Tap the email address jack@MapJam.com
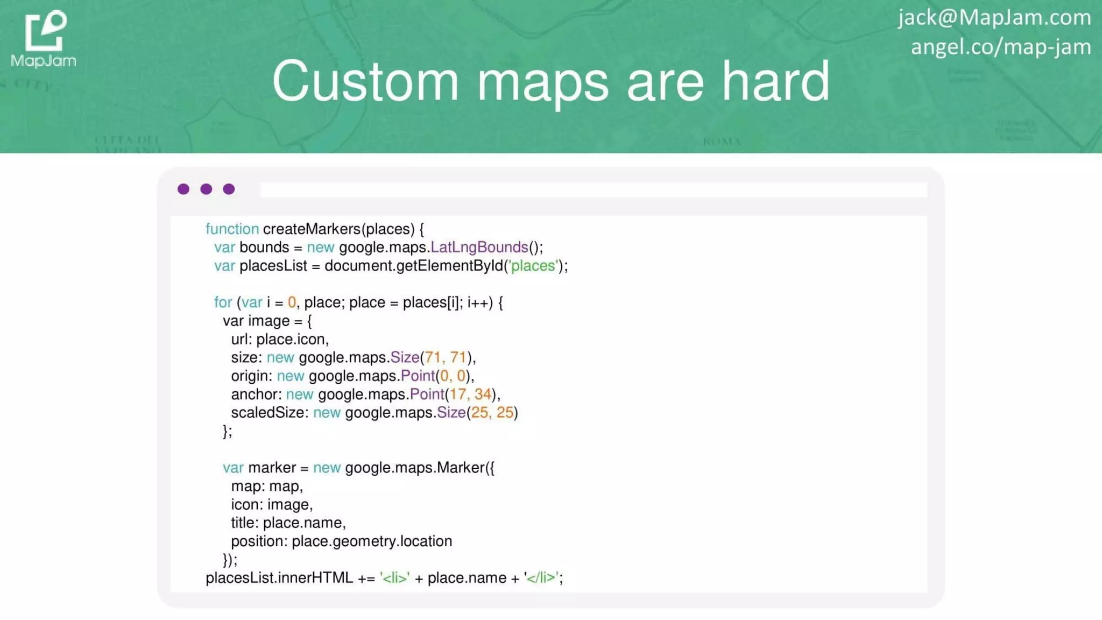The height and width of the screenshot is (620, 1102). point(994,17)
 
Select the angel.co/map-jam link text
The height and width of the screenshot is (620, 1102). point(1001,47)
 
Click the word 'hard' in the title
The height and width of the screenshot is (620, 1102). point(776,81)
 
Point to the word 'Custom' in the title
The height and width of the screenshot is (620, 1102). point(365,81)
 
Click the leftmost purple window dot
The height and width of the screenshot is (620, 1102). point(183,189)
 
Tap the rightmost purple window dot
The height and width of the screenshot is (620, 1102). point(229,189)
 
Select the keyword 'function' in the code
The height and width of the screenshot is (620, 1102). point(232,229)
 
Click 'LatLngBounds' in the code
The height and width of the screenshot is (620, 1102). point(479,248)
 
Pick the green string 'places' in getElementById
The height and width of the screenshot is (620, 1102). point(533,266)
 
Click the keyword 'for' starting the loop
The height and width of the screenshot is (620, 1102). point(223,302)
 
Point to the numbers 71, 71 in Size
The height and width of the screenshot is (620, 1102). point(446,357)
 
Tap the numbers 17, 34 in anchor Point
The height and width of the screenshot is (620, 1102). point(471,394)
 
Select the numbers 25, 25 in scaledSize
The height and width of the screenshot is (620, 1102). point(492,413)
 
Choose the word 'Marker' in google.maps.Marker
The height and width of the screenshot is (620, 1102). point(461,468)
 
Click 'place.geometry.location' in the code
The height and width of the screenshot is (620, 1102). point(372,541)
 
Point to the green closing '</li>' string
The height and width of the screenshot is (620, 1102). point(542,578)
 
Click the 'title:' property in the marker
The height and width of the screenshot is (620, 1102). point(245,523)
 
